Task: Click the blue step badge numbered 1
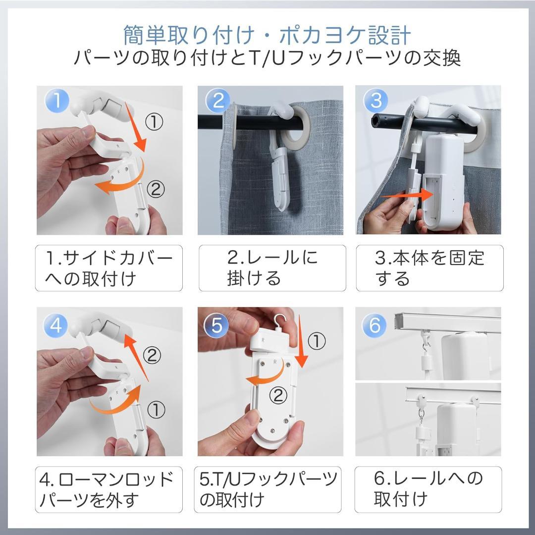(x=58, y=101)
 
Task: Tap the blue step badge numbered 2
(x=218, y=101)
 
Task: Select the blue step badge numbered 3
(x=376, y=101)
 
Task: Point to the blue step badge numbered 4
(x=58, y=325)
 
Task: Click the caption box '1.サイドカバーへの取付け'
(x=109, y=268)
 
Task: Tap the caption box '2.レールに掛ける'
(x=272, y=268)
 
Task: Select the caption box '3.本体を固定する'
(x=429, y=268)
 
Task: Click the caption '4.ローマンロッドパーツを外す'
(x=109, y=489)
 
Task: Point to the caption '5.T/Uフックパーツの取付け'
(x=268, y=489)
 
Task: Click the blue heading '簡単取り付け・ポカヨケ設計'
(x=267, y=35)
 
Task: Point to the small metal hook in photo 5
(x=280, y=321)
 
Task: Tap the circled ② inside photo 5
(x=278, y=395)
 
